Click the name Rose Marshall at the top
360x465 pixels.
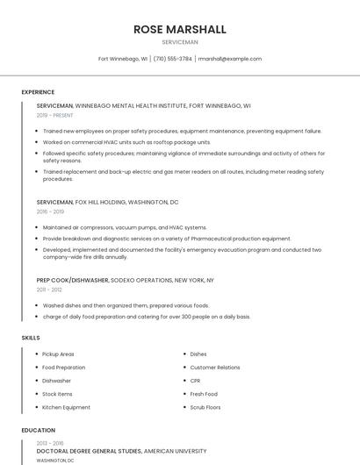[180, 29]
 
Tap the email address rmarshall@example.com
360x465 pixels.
[230, 59]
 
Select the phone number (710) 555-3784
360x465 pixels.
[173, 59]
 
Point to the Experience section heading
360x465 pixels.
[38, 92]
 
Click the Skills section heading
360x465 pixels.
[31, 338]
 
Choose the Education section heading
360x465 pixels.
[38, 431]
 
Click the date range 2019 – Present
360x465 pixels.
[55, 115]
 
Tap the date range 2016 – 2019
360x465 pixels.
[50, 211]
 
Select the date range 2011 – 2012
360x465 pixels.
[49, 289]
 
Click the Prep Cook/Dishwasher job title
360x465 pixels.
[73, 280]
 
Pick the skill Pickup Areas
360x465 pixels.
[58, 354]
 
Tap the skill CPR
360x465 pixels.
[195, 381]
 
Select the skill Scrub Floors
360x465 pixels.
[205, 407]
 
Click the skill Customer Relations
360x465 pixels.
[215, 368]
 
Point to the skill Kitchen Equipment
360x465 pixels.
[66, 407]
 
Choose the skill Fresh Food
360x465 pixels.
[204, 394]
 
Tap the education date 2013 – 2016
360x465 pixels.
[49, 443]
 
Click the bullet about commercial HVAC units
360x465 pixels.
[126, 141]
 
